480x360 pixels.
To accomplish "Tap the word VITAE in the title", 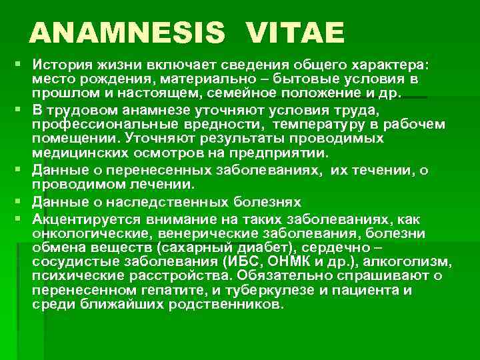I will click(x=295, y=33).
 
